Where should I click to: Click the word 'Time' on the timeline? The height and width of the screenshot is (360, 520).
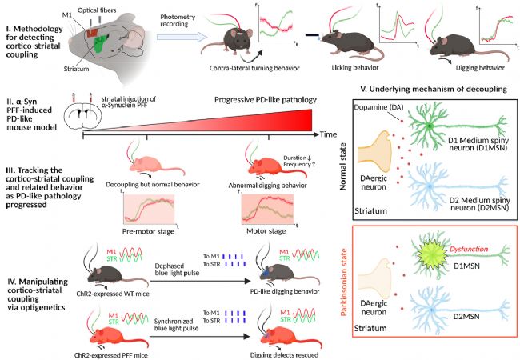click(x=330, y=135)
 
